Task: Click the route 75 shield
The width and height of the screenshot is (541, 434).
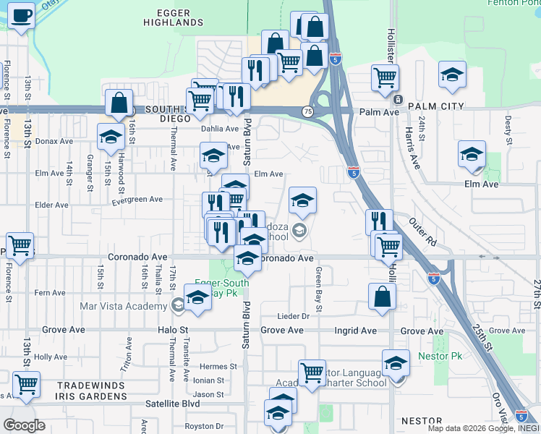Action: (x=308, y=111)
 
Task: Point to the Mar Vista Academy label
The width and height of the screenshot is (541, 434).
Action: (x=124, y=306)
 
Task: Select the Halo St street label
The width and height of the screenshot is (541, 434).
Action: (x=173, y=331)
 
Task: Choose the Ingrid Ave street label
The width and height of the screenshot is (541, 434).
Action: (x=355, y=331)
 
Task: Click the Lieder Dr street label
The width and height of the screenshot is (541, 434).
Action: (x=294, y=316)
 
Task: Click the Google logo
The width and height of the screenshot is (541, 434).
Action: (x=24, y=425)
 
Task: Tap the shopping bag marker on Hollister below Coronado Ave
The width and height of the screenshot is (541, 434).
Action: (x=382, y=296)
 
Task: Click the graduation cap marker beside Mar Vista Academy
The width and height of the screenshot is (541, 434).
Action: (x=197, y=297)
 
